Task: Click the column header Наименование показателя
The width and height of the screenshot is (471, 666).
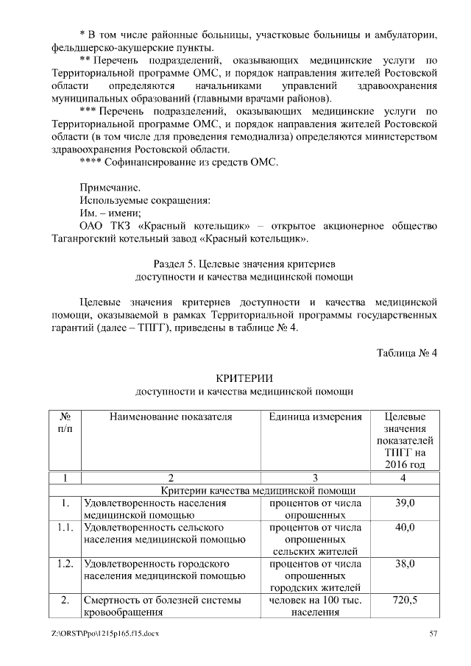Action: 170,417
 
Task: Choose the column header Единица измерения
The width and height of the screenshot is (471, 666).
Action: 315,417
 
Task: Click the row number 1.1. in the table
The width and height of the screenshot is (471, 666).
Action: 65,528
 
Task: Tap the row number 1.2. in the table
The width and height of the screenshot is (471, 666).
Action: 65,564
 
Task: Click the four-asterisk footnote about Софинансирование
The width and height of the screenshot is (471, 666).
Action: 179,162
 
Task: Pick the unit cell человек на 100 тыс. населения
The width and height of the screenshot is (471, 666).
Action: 315,606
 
